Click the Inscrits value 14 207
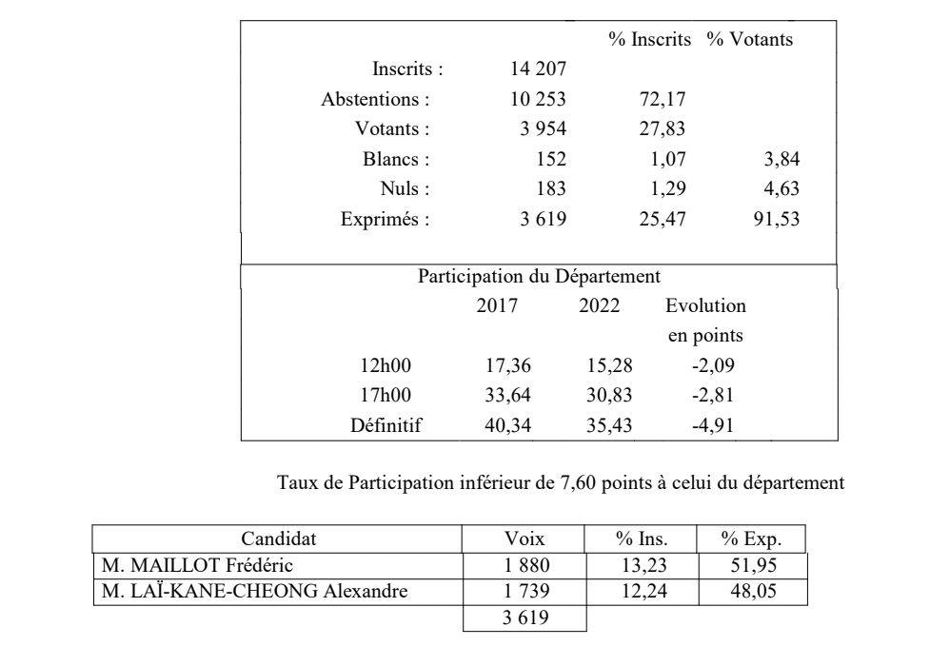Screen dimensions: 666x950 coord(540,69)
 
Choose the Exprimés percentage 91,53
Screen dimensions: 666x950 coord(777,220)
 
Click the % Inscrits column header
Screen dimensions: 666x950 coord(650,40)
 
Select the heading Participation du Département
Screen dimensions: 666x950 coord(539,278)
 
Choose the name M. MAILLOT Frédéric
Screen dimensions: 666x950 coord(178,566)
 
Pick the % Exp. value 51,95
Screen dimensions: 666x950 coord(751,566)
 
